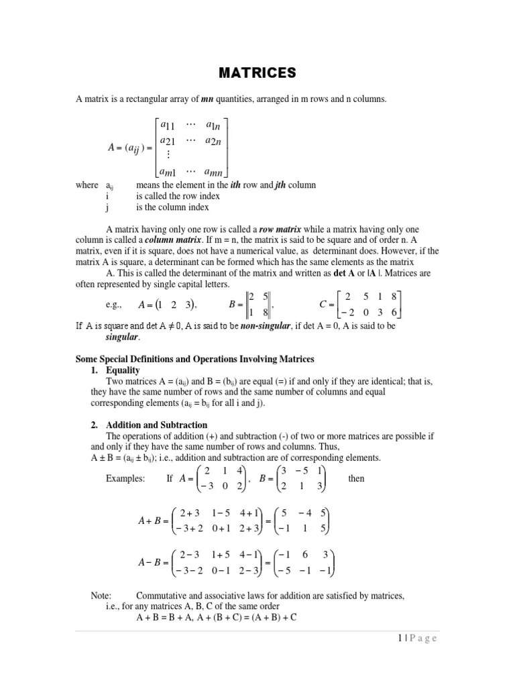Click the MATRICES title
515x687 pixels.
[x=257, y=72]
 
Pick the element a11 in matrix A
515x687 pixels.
[x=164, y=125]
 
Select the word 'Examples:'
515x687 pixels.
[x=125, y=479]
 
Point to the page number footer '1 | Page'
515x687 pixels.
[x=412, y=639]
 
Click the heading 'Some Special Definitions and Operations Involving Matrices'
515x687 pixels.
[x=195, y=360]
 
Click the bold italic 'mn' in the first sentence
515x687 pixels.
[x=208, y=100]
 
